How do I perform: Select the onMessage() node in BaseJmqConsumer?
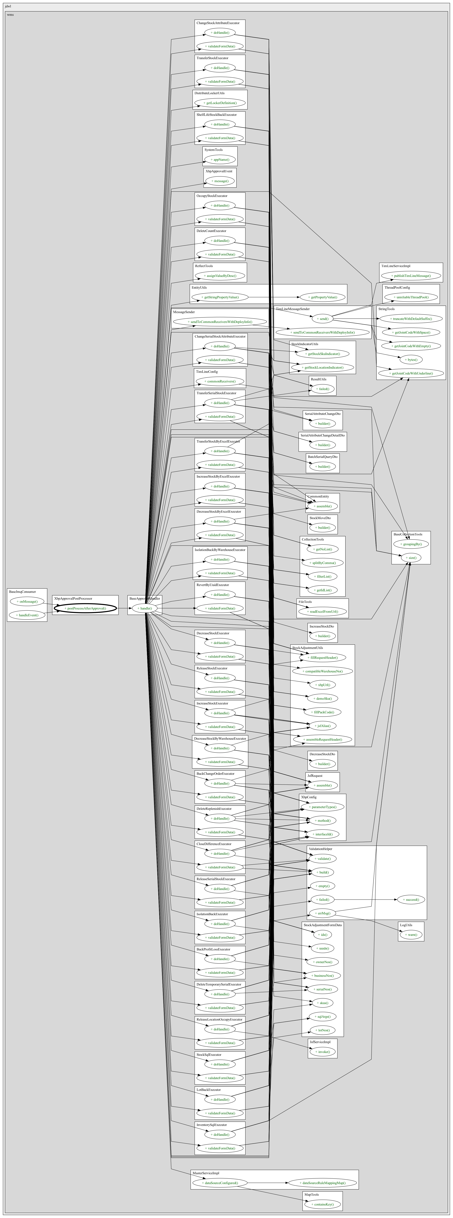point(27,602)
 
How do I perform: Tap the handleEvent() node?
point(27,615)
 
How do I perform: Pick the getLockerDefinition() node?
point(220,103)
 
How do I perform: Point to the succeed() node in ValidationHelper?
point(411,899)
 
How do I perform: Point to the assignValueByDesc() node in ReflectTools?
point(220,275)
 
